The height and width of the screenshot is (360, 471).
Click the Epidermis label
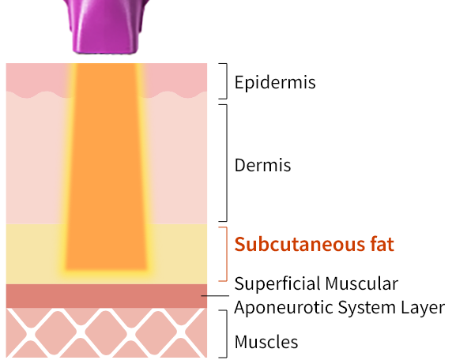point(275,82)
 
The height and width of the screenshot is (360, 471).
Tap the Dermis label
point(262,165)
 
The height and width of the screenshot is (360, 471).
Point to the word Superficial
point(278,283)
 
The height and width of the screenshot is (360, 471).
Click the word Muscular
point(362,283)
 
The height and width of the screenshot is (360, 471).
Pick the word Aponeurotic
point(284,308)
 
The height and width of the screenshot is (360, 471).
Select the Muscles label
point(266,342)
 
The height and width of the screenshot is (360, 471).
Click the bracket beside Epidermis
point(227,81)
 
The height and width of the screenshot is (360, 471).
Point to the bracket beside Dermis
point(227,163)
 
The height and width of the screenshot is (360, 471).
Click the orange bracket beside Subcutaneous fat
point(227,254)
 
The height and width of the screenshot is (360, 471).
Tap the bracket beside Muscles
point(227,334)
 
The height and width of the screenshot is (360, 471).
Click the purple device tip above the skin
point(106,27)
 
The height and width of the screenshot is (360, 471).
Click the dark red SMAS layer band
point(107,296)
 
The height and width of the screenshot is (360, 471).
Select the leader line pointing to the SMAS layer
point(215,296)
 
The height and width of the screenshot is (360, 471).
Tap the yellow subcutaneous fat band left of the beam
point(33,254)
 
